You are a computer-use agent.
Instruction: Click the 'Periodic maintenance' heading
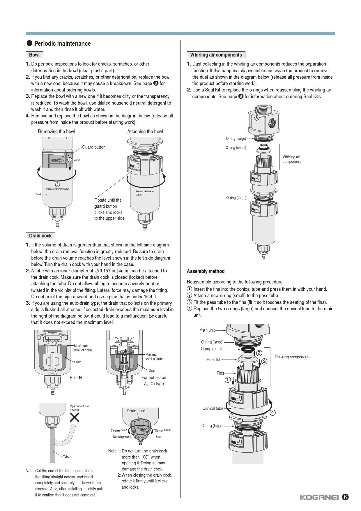coord(62,44)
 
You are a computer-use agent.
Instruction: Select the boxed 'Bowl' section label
coord(34,55)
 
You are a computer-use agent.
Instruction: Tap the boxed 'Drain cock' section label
coord(40,236)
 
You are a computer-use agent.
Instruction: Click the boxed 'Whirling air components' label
coord(216,55)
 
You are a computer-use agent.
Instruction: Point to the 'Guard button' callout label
coord(94,147)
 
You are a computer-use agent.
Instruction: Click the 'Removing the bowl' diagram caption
coord(56,131)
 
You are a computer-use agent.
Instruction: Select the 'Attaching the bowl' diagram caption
coord(145,131)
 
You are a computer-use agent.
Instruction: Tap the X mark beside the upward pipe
coord(75,418)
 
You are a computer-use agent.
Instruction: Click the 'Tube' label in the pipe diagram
coord(66,457)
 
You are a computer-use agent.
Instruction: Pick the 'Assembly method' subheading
coord(206,271)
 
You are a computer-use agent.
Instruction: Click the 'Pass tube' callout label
coord(215,360)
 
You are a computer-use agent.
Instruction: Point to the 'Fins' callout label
coord(220,373)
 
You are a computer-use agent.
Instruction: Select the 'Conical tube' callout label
coord(213,408)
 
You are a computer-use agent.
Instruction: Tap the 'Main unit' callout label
coord(207,330)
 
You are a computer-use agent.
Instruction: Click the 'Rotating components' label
coord(292,357)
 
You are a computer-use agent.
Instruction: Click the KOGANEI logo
coord(319,497)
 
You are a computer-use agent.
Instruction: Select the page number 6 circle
coord(345,497)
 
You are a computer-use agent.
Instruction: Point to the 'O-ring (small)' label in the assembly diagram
coord(212,349)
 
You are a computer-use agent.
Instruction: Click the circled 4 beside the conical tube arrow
coord(272,413)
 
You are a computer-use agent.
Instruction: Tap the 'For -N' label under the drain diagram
coord(76,378)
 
